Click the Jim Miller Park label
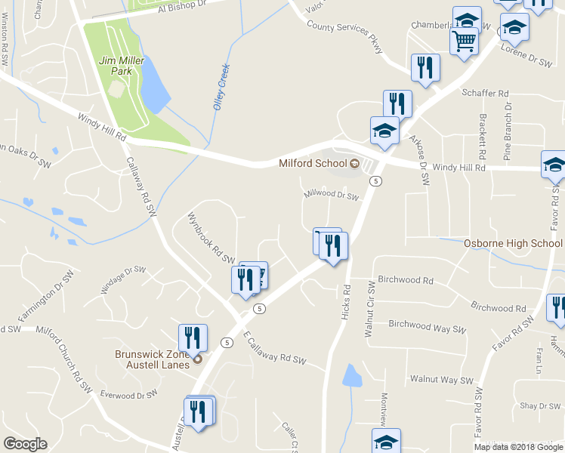click(115, 65)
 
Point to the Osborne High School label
click(513, 243)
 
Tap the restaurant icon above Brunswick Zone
click(193, 337)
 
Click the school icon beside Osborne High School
click(554, 165)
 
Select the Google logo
click(25, 443)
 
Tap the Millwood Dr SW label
click(330, 195)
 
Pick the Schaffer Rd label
click(485, 94)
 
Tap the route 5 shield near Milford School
click(375, 180)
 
